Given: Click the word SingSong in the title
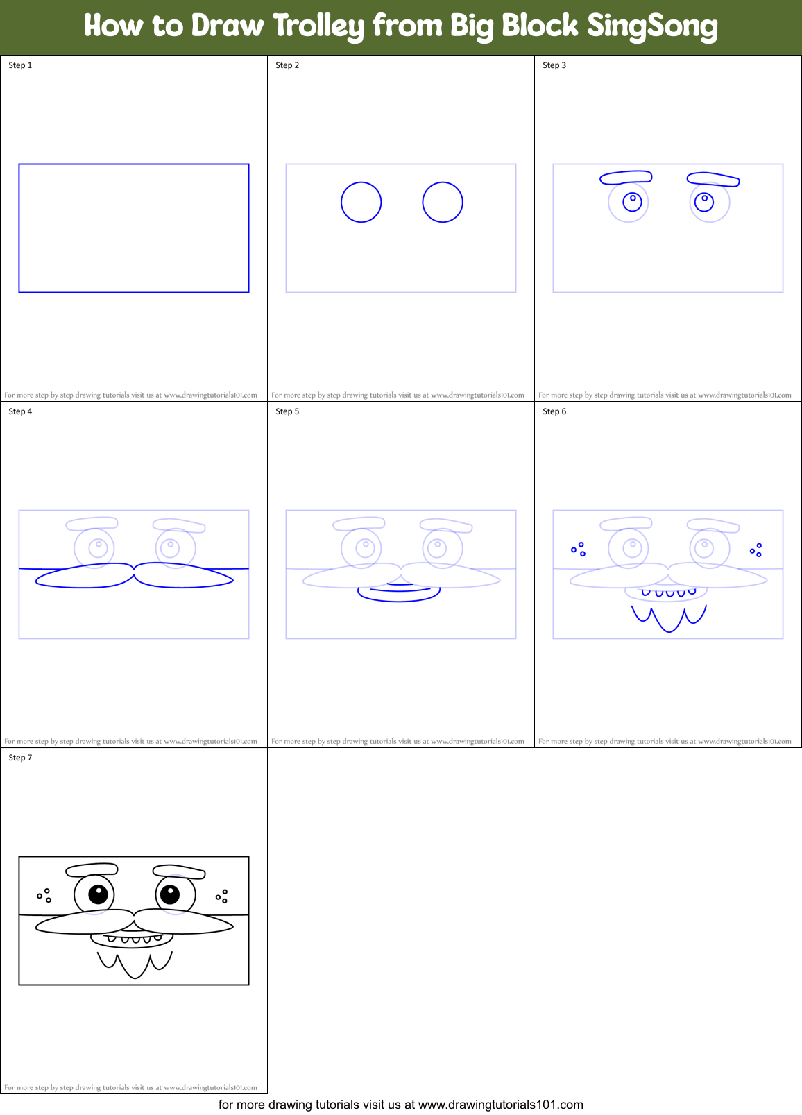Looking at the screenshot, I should pos(651,26).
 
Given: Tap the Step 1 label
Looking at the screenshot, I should pos(20,65).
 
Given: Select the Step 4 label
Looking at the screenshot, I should pos(20,411).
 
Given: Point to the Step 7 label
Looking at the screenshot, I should pos(20,758).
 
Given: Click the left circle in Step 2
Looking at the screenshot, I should pos(361,202).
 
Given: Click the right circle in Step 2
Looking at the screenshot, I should pos(443,202).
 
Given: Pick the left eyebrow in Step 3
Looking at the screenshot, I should pos(626,178).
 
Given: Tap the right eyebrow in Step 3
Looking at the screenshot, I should pos(713,180).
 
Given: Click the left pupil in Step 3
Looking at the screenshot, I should pos(633,201).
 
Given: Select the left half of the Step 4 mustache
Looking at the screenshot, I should pos(83,577).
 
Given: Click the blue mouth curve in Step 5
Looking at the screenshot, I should pos(399,596).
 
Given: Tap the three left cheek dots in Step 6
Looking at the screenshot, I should pos(579,550).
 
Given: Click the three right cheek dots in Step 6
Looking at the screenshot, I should pos(756,550).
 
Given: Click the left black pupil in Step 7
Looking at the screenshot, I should pos(98,894).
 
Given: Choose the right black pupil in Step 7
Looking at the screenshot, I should pos(170,894).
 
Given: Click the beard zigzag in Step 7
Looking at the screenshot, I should pos(134,964).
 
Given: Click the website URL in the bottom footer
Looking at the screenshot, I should pos(500,1105).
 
